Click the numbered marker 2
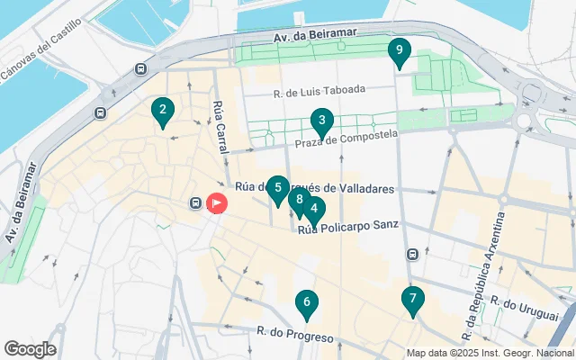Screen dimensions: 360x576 pos(162,112)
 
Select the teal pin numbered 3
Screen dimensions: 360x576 pos(321,121)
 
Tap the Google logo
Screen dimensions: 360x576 pos(30,349)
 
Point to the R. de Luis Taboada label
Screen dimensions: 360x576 pos(320,90)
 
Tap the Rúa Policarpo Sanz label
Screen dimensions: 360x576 pos(347,229)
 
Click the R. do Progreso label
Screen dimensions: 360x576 pos(294,336)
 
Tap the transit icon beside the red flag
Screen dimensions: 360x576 pos(196,203)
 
